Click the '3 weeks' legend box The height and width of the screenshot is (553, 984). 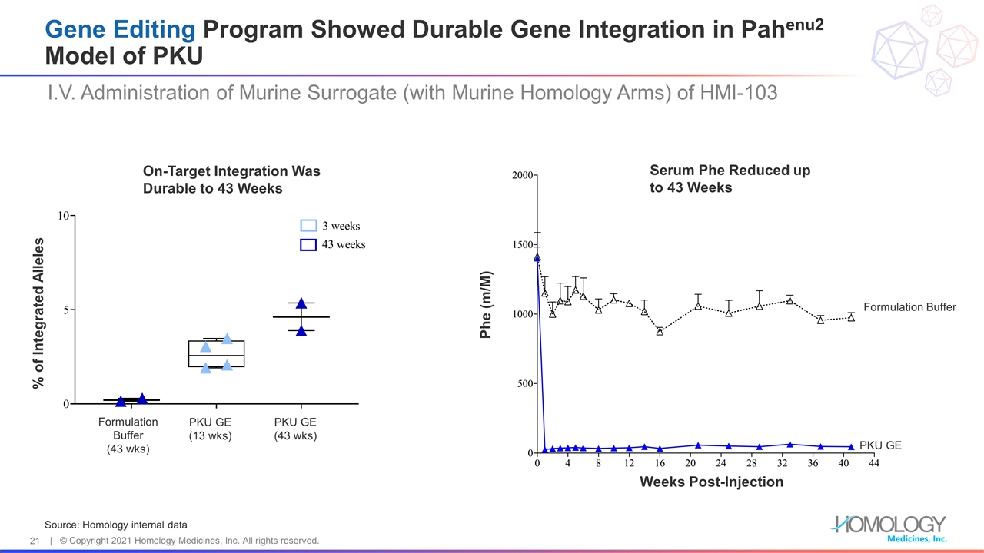pyautogui.click(x=308, y=226)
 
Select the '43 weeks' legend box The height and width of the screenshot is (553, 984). pyautogui.click(x=308, y=244)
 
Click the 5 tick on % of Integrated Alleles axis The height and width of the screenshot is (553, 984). pyautogui.click(x=66, y=310)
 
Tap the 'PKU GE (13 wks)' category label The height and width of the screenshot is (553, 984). pyautogui.click(x=211, y=429)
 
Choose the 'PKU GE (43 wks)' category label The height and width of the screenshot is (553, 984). pyautogui.click(x=295, y=429)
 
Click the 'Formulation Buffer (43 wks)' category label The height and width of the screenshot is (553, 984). pyautogui.click(x=128, y=435)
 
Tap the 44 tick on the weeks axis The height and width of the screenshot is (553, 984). pyautogui.click(x=874, y=464)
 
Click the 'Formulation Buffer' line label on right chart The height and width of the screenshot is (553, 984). pyautogui.click(x=909, y=307)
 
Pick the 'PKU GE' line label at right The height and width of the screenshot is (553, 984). pyautogui.click(x=879, y=445)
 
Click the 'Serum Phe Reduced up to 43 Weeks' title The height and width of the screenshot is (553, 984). pyautogui.click(x=729, y=179)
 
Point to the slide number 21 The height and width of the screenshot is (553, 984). pyautogui.click(x=35, y=541)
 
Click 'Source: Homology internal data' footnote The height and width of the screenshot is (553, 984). pyautogui.click(x=115, y=525)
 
